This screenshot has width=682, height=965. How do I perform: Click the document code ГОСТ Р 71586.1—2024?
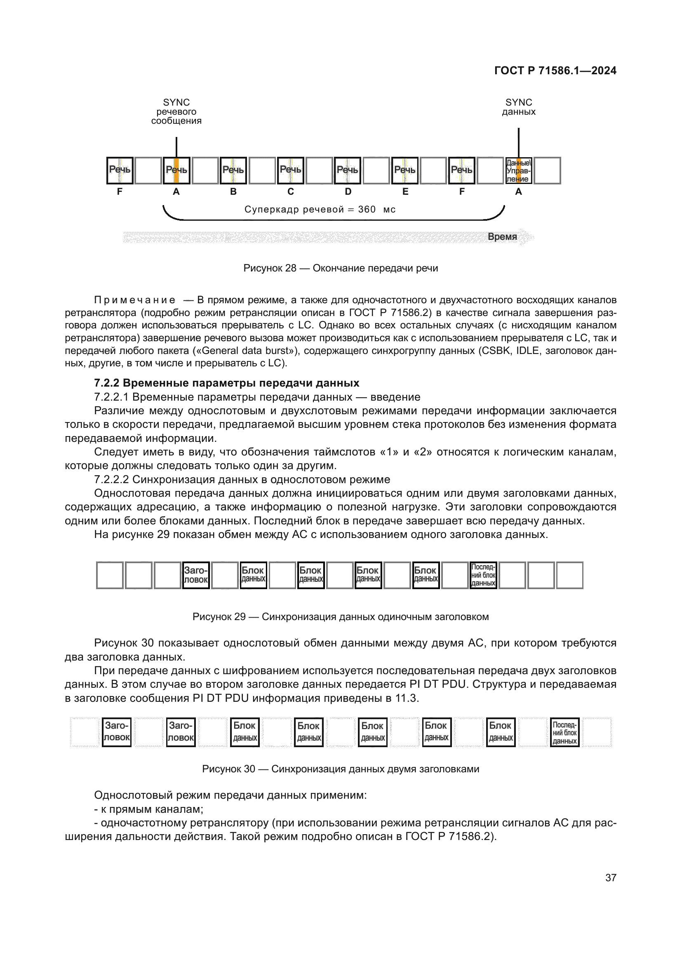tap(555, 71)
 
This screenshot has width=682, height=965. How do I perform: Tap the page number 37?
tap(611, 878)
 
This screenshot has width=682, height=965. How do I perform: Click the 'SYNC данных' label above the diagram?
tap(518, 107)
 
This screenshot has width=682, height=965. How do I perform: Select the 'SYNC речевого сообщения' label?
tap(176, 111)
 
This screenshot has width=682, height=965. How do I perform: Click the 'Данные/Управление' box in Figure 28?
tap(518, 171)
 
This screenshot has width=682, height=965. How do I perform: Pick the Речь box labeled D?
tap(347, 171)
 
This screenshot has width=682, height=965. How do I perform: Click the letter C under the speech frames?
tap(291, 192)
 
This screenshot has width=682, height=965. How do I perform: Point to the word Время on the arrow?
tap(502, 237)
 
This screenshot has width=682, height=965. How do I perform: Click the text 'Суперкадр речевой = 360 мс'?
tap(320, 209)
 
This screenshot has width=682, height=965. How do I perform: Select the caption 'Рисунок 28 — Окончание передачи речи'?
tap(341, 268)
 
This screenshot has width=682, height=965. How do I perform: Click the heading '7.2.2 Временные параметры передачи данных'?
tap(227, 383)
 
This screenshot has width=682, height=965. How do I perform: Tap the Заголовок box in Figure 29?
tap(196, 576)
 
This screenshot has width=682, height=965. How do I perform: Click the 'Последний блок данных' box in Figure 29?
tap(483, 576)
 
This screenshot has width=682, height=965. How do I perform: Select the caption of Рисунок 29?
tap(341, 616)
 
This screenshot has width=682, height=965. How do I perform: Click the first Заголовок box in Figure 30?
tap(116, 732)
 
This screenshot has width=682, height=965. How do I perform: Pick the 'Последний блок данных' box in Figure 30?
tap(564, 732)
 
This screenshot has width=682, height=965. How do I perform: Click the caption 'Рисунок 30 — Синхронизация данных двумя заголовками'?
tap(341, 769)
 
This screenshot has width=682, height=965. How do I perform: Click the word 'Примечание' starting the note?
tap(135, 300)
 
